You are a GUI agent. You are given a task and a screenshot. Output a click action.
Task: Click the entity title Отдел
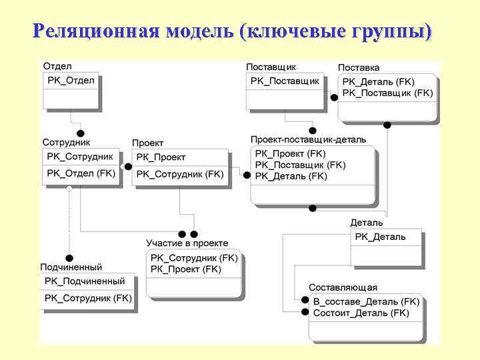(x=57, y=67)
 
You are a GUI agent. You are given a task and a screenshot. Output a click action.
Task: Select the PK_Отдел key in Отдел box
(x=71, y=81)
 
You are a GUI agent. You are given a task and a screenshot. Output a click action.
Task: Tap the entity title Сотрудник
(x=66, y=142)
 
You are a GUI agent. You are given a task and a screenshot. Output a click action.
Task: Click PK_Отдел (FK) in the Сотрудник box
(x=81, y=173)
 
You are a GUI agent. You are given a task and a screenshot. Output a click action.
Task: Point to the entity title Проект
(x=147, y=143)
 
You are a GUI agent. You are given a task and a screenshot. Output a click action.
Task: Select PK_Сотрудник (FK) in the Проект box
(x=180, y=174)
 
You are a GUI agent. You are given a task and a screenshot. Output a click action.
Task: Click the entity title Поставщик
(x=271, y=67)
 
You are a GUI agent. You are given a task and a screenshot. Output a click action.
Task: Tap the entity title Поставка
(x=359, y=67)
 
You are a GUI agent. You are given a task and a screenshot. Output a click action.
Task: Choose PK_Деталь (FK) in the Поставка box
(x=378, y=82)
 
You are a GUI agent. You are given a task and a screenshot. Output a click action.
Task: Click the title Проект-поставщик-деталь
(x=309, y=139)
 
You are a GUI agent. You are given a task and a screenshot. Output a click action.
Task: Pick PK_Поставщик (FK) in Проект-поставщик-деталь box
(x=301, y=165)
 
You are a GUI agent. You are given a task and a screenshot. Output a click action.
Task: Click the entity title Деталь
(x=367, y=223)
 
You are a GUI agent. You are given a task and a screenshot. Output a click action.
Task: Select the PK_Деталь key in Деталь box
(x=380, y=237)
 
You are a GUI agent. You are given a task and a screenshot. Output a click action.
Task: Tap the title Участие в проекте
(x=187, y=243)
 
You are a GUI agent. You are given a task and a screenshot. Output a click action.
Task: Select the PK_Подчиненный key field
(x=85, y=281)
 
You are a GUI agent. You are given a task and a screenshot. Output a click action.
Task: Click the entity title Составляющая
(x=343, y=287)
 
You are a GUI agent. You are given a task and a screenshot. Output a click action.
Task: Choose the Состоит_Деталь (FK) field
(x=361, y=312)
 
